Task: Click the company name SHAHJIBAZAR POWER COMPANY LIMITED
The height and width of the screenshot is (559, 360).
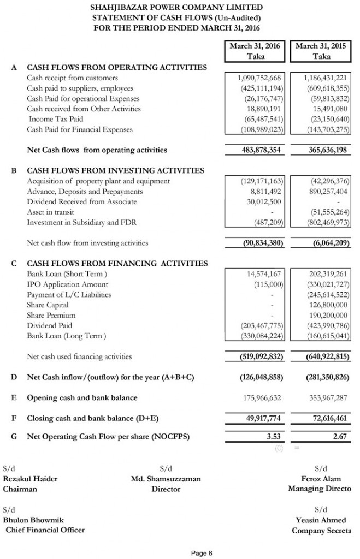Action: [x=177, y=7]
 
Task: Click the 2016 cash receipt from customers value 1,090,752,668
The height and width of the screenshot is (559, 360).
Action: [x=259, y=78]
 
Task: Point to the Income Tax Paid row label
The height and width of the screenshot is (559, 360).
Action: [x=56, y=119]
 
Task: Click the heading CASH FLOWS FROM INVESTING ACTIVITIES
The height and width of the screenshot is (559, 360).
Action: [x=115, y=170]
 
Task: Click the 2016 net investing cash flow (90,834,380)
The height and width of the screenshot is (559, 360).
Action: [x=262, y=243]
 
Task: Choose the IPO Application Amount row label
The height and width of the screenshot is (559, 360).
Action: [x=67, y=284]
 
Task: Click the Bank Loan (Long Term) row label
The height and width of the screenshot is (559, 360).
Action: [x=66, y=336]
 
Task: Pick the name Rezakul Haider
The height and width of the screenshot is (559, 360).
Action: [x=30, y=479]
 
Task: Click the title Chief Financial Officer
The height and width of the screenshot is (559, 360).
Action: [x=45, y=530]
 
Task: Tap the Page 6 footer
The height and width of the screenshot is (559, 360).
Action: [x=202, y=554]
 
